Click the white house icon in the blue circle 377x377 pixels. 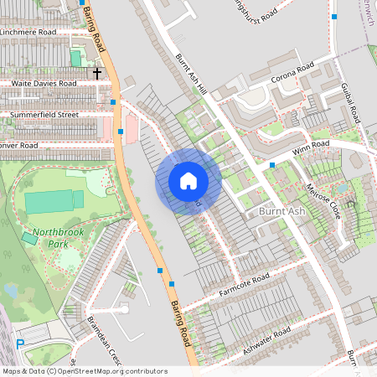(x=188, y=181)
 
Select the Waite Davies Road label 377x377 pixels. (x=44, y=84)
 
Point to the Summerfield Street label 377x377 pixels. (x=44, y=114)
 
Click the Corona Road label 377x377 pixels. (x=292, y=73)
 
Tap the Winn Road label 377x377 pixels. (x=307, y=150)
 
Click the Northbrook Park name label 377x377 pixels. (x=54, y=238)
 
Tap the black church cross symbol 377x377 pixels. (x=97, y=74)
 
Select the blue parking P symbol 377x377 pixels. (x=20, y=343)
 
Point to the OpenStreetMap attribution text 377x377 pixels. (x=85, y=371)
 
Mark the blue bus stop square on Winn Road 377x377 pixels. (x=272, y=165)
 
